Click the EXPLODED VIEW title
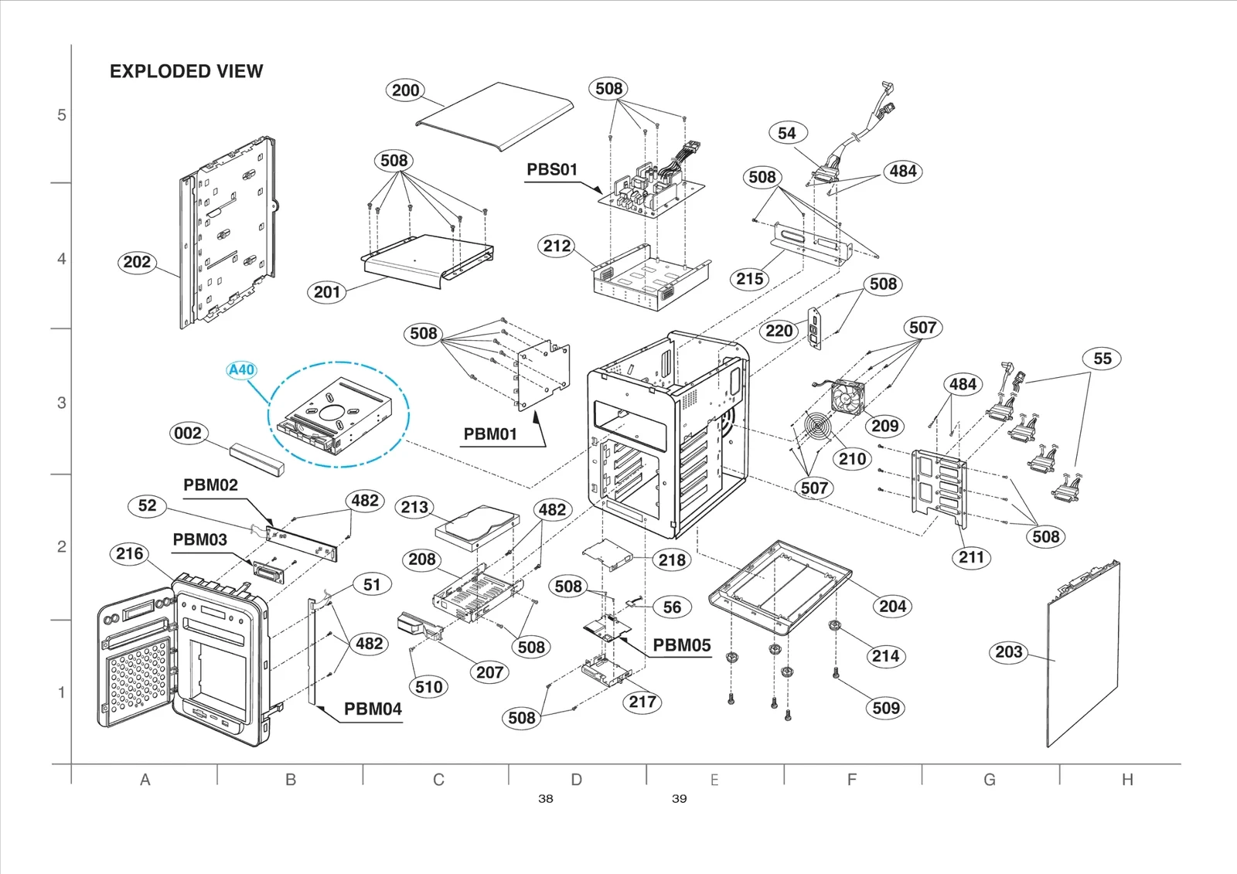[186, 71]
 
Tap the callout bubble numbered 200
[405, 90]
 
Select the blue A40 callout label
[242, 370]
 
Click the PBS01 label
[552, 169]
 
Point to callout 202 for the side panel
[137, 262]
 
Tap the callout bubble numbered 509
[886, 708]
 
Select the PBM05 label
[681, 645]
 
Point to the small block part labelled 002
[257, 457]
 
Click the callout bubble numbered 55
[1102, 359]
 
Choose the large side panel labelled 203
[1082, 657]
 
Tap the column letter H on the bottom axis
[1127, 780]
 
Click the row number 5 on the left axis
[62, 115]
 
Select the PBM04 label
[373, 709]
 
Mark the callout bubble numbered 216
[130, 553]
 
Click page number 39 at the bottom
[679, 798]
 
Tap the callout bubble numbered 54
[787, 133]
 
